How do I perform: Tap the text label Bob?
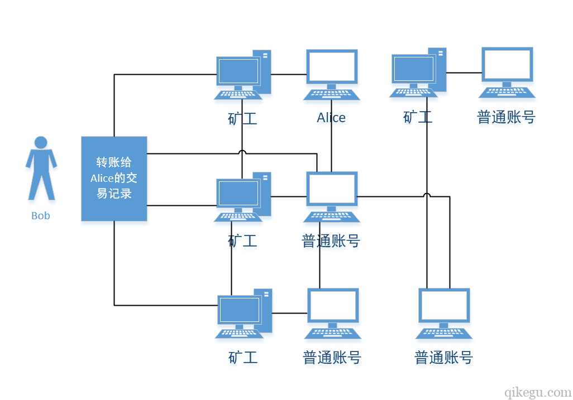click(41, 216)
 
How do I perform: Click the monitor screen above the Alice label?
click(332, 67)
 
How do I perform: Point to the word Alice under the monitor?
click(331, 118)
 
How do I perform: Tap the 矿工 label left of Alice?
click(242, 118)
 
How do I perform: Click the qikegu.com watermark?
click(538, 392)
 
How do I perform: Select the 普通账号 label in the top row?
click(506, 117)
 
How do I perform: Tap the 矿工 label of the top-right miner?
click(418, 117)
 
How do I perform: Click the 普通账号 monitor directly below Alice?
click(332, 190)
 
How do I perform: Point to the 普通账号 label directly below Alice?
click(331, 241)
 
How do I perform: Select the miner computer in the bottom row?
click(243, 313)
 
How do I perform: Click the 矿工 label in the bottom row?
click(243, 358)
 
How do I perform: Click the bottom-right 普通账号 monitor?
click(444, 306)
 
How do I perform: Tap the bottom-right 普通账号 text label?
click(443, 358)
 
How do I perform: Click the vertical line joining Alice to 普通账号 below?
click(332, 137)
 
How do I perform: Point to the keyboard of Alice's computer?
click(332, 95)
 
